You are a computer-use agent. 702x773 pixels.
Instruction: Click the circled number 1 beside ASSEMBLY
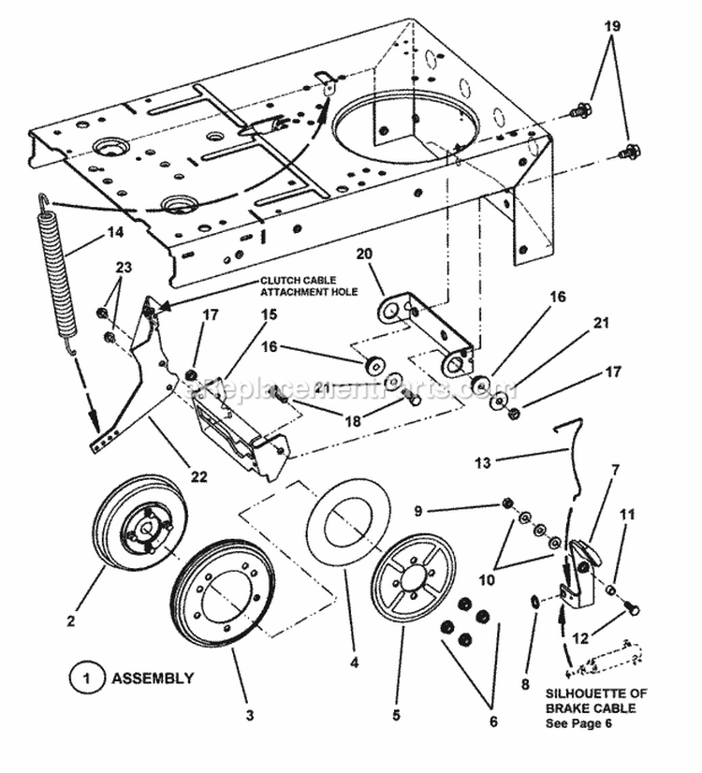click(x=86, y=678)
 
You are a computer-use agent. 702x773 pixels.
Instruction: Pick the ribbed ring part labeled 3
click(x=223, y=586)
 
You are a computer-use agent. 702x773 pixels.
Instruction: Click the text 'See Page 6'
click(x=594, y=708)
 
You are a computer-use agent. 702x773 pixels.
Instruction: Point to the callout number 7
click(x=615, y=469)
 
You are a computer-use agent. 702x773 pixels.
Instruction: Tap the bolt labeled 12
click(x=632, y=609)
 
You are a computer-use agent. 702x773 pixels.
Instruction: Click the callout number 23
click(x=124, y=267)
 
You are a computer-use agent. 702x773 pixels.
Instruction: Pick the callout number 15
click(x=269, y=315)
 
